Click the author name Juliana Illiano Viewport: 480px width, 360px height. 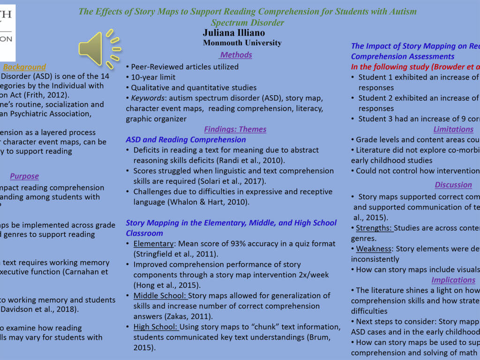[x=233, y=33]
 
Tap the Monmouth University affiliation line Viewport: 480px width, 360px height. [x=242, y=43]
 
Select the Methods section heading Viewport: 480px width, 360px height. [x=236, y=55]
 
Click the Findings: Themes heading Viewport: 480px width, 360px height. [x=235, y=129]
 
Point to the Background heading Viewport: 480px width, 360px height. [x=24, y=67]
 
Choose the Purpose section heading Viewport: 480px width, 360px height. [x=24, y=176]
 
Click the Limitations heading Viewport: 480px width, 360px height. [x=453, y=129]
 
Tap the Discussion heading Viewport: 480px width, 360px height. [x=453, y=185]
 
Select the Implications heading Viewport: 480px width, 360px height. [x=453, y=280]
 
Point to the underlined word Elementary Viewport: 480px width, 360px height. [x=153, y=244]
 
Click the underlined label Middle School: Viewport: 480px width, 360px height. [x=160, y=295]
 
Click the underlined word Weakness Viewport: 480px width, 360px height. [x=374, y=249]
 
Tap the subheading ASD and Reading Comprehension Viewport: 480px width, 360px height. [x=186, y=140]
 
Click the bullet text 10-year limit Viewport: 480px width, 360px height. [x=153, y=77]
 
